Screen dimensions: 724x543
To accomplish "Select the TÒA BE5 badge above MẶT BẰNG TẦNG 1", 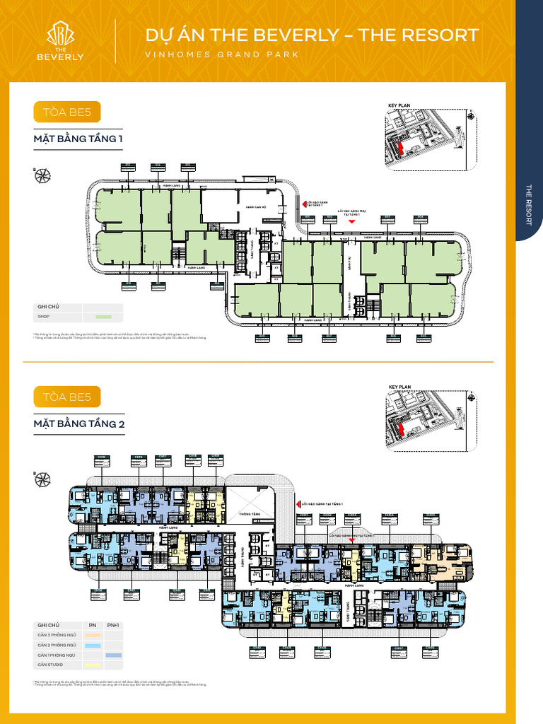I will [x=67, y=112].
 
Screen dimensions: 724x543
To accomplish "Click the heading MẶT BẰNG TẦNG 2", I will [x=78, y=424].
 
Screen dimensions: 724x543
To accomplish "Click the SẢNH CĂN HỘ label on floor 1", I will [x=255, y=207].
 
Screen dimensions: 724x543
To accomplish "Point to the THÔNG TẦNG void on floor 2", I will [x=250, y=514].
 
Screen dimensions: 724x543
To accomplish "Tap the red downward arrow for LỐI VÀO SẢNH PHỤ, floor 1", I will [x=351, y=221].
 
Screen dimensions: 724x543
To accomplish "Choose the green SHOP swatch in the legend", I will [x=103, y=316].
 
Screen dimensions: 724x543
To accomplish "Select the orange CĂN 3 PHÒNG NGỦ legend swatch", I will [x=93, y=636].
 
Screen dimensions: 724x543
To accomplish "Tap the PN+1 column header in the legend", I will [x=113, y=625].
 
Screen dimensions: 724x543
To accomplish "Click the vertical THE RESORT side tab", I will [x=529, y=205].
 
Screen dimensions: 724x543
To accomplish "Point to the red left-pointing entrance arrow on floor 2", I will [x=298, y=504].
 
